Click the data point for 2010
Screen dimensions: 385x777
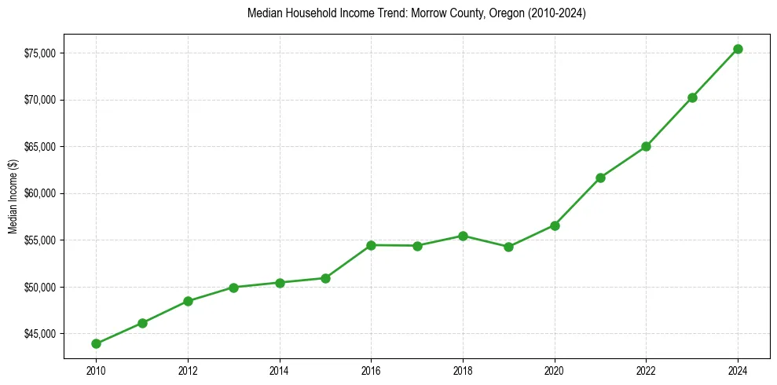point(96,343)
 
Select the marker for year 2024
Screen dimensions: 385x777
point(738,49)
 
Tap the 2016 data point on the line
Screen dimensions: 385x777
point(371,245)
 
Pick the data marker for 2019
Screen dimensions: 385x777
point(508,247)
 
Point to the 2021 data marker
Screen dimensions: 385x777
point(600,178)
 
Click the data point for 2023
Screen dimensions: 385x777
point(692,97)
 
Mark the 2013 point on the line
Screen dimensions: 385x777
point(233,287)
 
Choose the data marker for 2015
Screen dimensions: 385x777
point(325,278)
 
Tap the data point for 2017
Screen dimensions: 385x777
point(417,246)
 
